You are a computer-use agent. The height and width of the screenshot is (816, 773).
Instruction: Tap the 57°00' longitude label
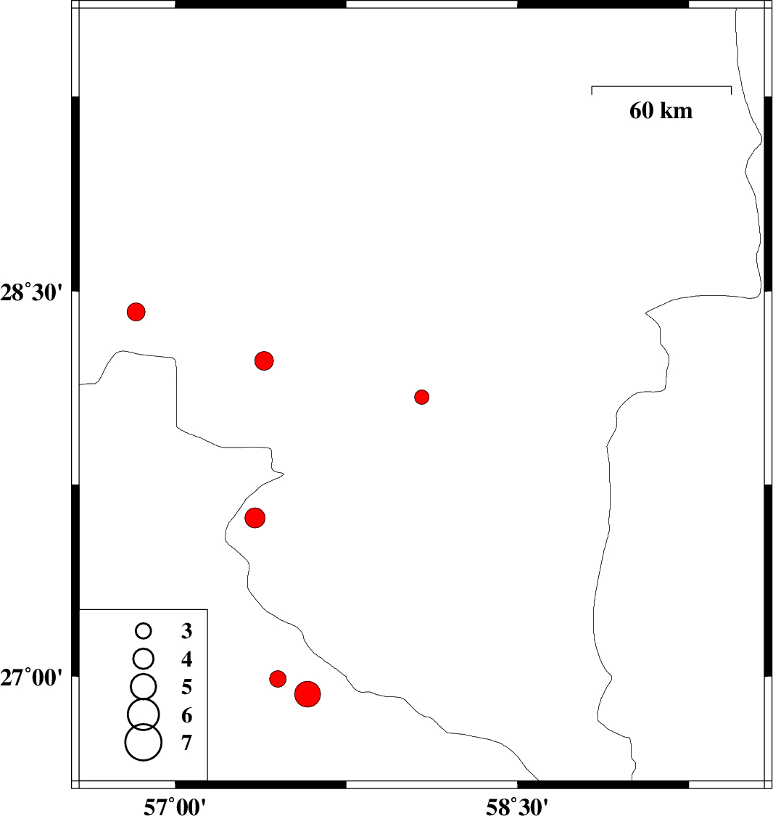coord(175,807)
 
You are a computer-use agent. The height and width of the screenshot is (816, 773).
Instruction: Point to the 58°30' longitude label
coord(517,807)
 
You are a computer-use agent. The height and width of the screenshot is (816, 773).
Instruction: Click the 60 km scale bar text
coord(661,111)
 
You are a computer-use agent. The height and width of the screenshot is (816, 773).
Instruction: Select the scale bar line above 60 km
coord(661,86)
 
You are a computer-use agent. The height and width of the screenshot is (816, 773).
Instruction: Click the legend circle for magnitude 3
coord(143,631)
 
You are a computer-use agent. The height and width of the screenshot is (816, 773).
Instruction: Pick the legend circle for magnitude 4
coord(144,659)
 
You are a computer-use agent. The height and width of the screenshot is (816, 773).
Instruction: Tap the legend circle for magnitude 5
coord(144,686)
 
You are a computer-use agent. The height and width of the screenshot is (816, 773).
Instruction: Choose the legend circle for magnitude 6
coord(144,714)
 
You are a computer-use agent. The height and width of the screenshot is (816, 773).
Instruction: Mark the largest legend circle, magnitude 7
coord(144,742)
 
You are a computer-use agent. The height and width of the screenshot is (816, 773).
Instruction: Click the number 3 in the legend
coord(186,631)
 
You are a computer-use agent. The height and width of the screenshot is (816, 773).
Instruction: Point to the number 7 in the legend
coord(186,743)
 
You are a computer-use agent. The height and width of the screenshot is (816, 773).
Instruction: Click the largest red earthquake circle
coord(307,693)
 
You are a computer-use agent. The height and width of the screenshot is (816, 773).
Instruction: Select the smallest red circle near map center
coord(422,397)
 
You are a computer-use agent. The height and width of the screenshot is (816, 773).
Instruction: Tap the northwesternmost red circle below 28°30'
coord(136,312)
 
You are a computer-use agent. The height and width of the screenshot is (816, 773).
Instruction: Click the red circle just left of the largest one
coord(278,679)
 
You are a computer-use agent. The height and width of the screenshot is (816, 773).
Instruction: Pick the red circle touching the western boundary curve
coord(255,518)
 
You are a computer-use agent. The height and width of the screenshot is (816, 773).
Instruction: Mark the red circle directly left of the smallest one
coord(264,360)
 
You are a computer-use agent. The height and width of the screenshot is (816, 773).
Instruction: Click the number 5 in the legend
coord(186,687)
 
